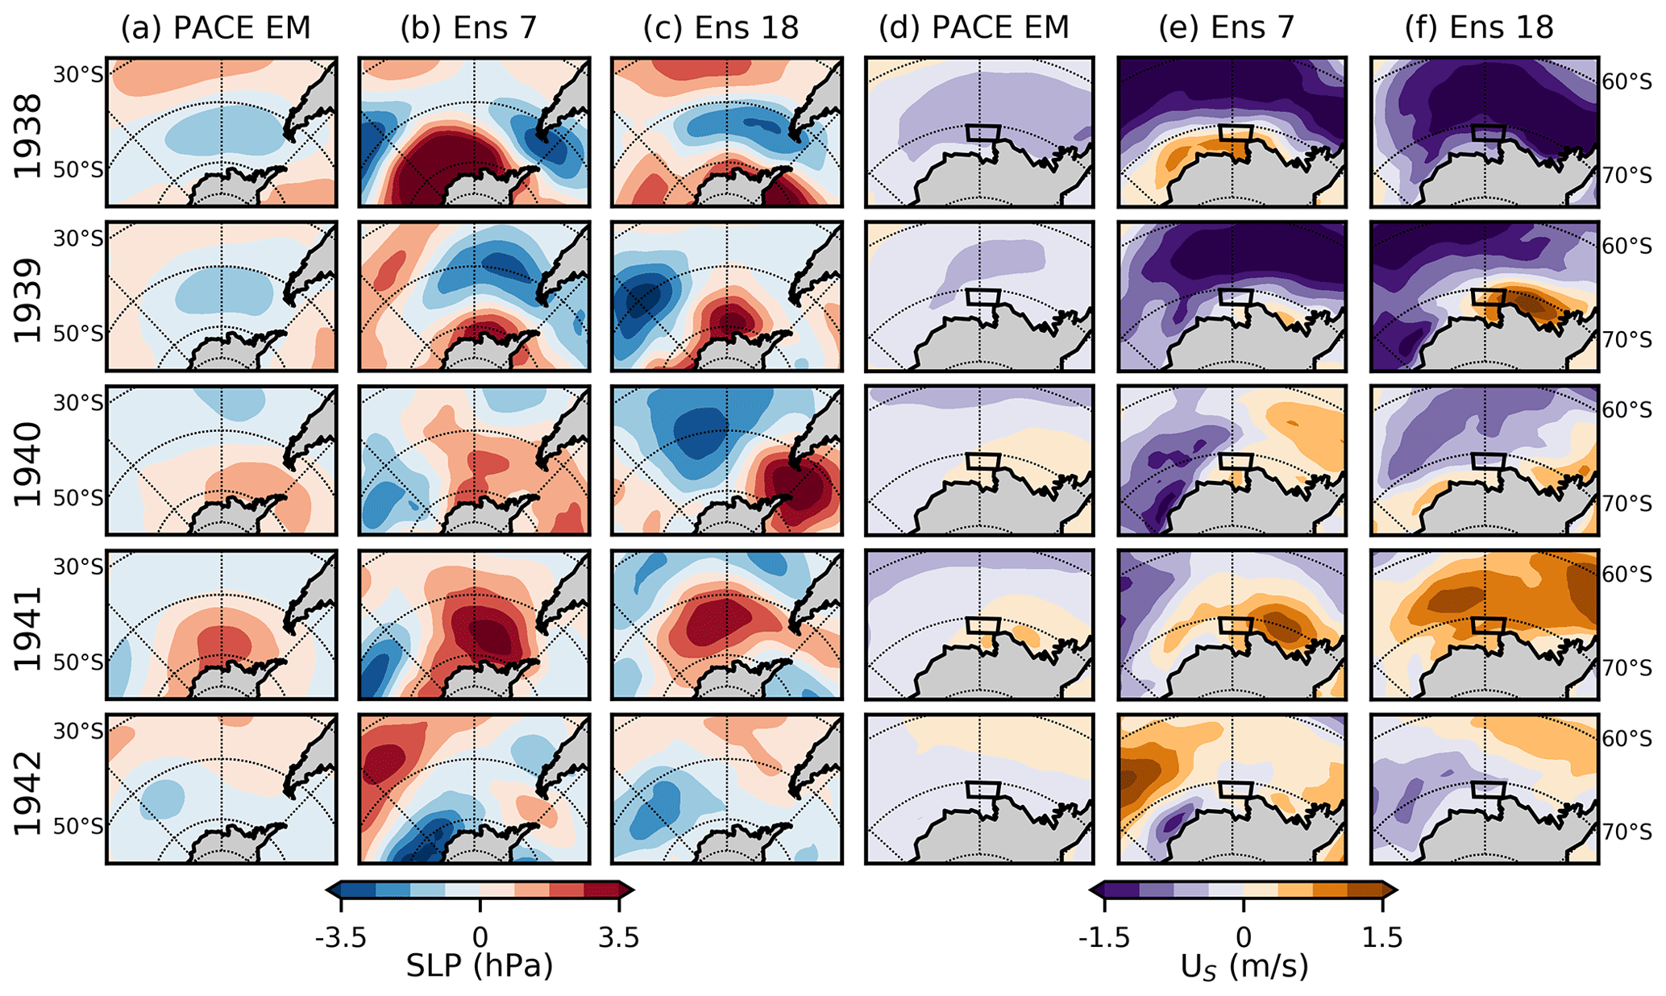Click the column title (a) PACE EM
(x=215, y=28)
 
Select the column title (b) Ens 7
(x=468, y=28)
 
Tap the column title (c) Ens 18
(x=721, y=28)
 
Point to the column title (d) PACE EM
(x=974, y=28)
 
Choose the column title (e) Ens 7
(x=1226, y=28)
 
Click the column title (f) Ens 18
(x=1479, y=28)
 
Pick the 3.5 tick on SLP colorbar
(x=619, y=938)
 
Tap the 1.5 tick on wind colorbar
(x=1382, y=938)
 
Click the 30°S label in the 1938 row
(x=78, y=74)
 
